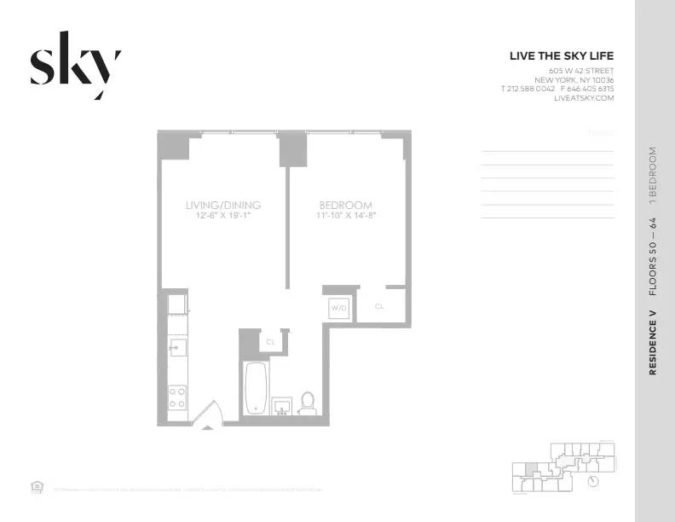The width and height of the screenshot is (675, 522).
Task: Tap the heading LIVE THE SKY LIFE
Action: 561,56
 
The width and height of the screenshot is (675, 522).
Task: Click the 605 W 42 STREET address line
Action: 581,70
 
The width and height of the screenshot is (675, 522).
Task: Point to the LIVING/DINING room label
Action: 222,205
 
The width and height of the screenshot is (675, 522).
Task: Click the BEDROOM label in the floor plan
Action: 345,205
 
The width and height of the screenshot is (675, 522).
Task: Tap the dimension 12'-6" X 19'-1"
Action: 222,216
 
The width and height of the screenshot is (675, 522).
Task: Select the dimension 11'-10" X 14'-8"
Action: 345,216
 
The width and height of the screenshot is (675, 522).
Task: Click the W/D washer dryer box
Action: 338,306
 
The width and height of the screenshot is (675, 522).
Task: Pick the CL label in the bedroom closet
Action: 379,305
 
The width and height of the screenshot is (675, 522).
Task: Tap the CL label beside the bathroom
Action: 271,341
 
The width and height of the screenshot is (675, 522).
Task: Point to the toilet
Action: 308,403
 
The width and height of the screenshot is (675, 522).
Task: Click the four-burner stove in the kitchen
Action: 178,397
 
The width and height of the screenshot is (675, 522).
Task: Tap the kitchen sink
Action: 177,346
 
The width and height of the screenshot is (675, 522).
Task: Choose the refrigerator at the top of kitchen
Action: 176,304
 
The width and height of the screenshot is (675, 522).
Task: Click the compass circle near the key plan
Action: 594,481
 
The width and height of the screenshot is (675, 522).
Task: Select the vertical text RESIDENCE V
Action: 653,344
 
